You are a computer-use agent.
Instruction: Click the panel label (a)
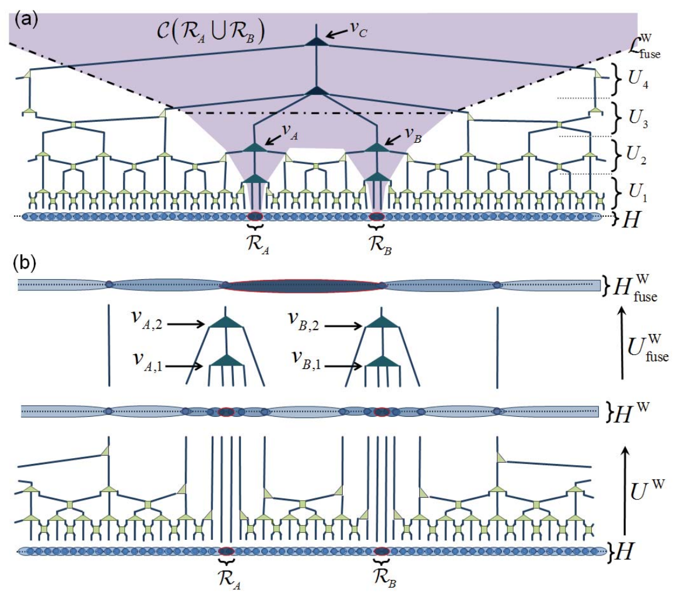tap(26, 20)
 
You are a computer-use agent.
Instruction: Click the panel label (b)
tap(25, 263)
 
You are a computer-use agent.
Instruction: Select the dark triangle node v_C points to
tap(317, 41)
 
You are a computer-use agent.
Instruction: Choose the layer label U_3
tap(638, 117)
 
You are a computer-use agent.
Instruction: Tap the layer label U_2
tap(637, 154)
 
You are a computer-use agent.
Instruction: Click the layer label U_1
tap(637, 191)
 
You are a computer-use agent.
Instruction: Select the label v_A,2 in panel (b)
tap(146, 320)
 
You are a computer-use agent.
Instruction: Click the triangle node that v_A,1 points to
tap(227, 360)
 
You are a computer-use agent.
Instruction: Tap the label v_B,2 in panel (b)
tap(305, 321)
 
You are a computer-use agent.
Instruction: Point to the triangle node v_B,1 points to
tap(382, 360)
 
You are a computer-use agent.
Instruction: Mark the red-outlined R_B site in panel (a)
tap(377, 216)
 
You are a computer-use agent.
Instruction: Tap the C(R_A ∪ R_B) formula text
tap(210, 33)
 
